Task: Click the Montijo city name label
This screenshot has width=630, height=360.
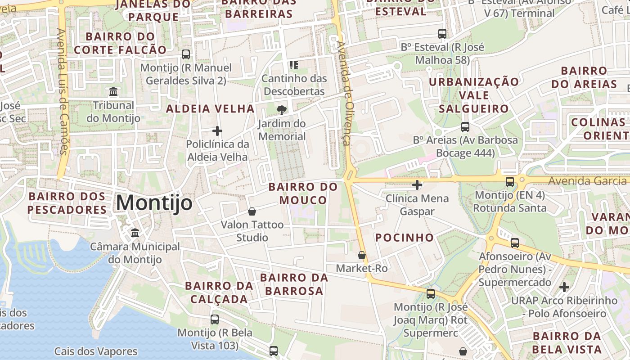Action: tap(154, 203)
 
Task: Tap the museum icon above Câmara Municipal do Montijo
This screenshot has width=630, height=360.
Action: tap(135, 233)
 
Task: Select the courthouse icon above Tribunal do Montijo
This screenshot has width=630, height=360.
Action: tap(113, 92)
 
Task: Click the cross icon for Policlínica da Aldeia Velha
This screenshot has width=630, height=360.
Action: tap(217, 131)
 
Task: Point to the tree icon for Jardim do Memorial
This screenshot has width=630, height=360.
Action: tap(282, 110)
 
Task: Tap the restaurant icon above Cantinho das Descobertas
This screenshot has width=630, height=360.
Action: tap(294, 65)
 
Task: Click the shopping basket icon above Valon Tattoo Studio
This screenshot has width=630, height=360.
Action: tap(252, 211)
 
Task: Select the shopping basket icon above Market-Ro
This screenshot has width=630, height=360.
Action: tap(361, 255)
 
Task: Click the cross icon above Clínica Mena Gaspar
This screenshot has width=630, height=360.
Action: tap(417, 184)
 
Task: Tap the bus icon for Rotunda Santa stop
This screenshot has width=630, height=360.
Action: tap(510, 181)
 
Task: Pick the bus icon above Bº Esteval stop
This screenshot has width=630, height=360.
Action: tap(442, 33)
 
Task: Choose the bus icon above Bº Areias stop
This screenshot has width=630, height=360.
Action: tap(465, 126)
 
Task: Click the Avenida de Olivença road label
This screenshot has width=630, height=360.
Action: tap(345, 93)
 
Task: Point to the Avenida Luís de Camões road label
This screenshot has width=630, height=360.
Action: tap(62, 91)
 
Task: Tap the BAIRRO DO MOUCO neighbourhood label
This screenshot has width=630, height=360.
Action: tap(303, 193)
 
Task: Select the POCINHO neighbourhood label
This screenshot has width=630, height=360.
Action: tap(405, 238)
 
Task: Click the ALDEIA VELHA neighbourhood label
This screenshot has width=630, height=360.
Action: tap(210, 108)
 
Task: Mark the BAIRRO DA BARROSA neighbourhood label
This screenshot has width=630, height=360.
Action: tap(294, 284)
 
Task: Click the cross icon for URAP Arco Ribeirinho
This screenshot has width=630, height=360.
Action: tap(564, 287)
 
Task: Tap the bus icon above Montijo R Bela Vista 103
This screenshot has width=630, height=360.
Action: tap(215, 319)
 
